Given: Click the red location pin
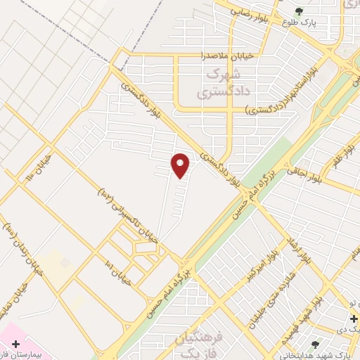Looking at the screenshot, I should tap(181, 165).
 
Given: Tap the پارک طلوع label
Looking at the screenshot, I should tap(300, 22).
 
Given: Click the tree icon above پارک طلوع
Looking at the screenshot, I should tap(300, 11).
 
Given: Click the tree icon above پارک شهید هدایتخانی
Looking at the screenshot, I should tap(315, 344).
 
